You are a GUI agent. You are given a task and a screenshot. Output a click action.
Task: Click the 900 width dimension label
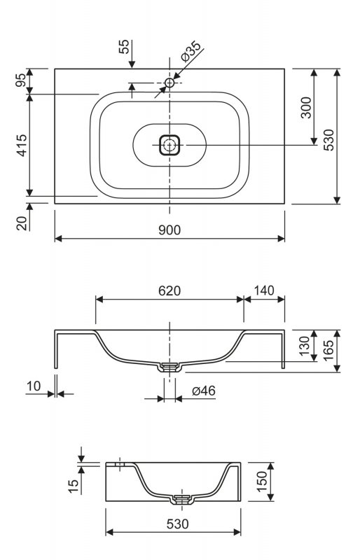(169, 230)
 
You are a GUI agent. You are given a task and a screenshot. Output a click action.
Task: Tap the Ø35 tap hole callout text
(191, 51)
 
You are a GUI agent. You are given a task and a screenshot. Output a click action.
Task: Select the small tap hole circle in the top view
(169, 83)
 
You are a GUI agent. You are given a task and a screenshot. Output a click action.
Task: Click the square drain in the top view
(169, 145)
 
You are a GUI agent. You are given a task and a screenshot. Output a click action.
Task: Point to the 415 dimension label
(22, 145)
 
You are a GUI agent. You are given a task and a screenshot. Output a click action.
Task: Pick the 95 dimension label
(22, 80)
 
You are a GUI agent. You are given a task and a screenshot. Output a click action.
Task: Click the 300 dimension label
(306, 107)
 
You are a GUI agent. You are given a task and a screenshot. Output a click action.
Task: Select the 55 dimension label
(124, 47)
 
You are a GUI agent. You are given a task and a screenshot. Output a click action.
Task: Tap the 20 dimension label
(22, 223)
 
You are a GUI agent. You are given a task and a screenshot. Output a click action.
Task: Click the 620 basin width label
(169, 290)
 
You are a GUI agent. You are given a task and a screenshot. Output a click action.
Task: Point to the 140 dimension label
(264, 290)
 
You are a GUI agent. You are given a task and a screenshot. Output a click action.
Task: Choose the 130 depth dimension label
(304, 346)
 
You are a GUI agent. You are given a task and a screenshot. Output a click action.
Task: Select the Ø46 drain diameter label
(203, 391)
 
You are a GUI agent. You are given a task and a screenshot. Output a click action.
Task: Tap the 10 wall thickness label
(34, 386)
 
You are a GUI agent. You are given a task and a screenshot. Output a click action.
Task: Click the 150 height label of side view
(262, 482)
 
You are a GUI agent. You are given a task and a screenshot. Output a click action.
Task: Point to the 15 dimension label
(73, 486)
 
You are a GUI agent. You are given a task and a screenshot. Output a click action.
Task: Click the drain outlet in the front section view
(169, 367)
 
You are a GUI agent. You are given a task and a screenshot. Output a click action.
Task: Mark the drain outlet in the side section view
(183, 499)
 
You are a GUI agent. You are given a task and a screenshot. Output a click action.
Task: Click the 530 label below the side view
(178, 524)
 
